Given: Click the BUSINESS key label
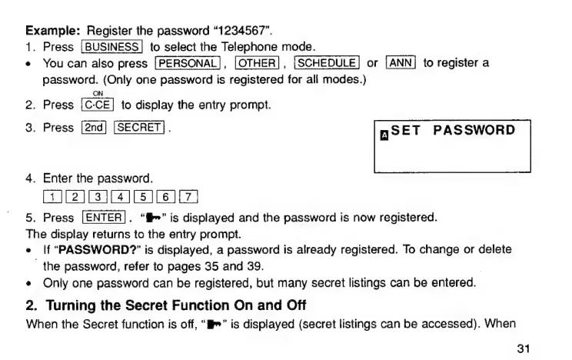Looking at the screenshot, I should click(x=111, y=48).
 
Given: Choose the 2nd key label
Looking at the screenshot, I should click(x=91, y=128).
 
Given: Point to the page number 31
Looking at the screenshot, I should click(x=524, y=349).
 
